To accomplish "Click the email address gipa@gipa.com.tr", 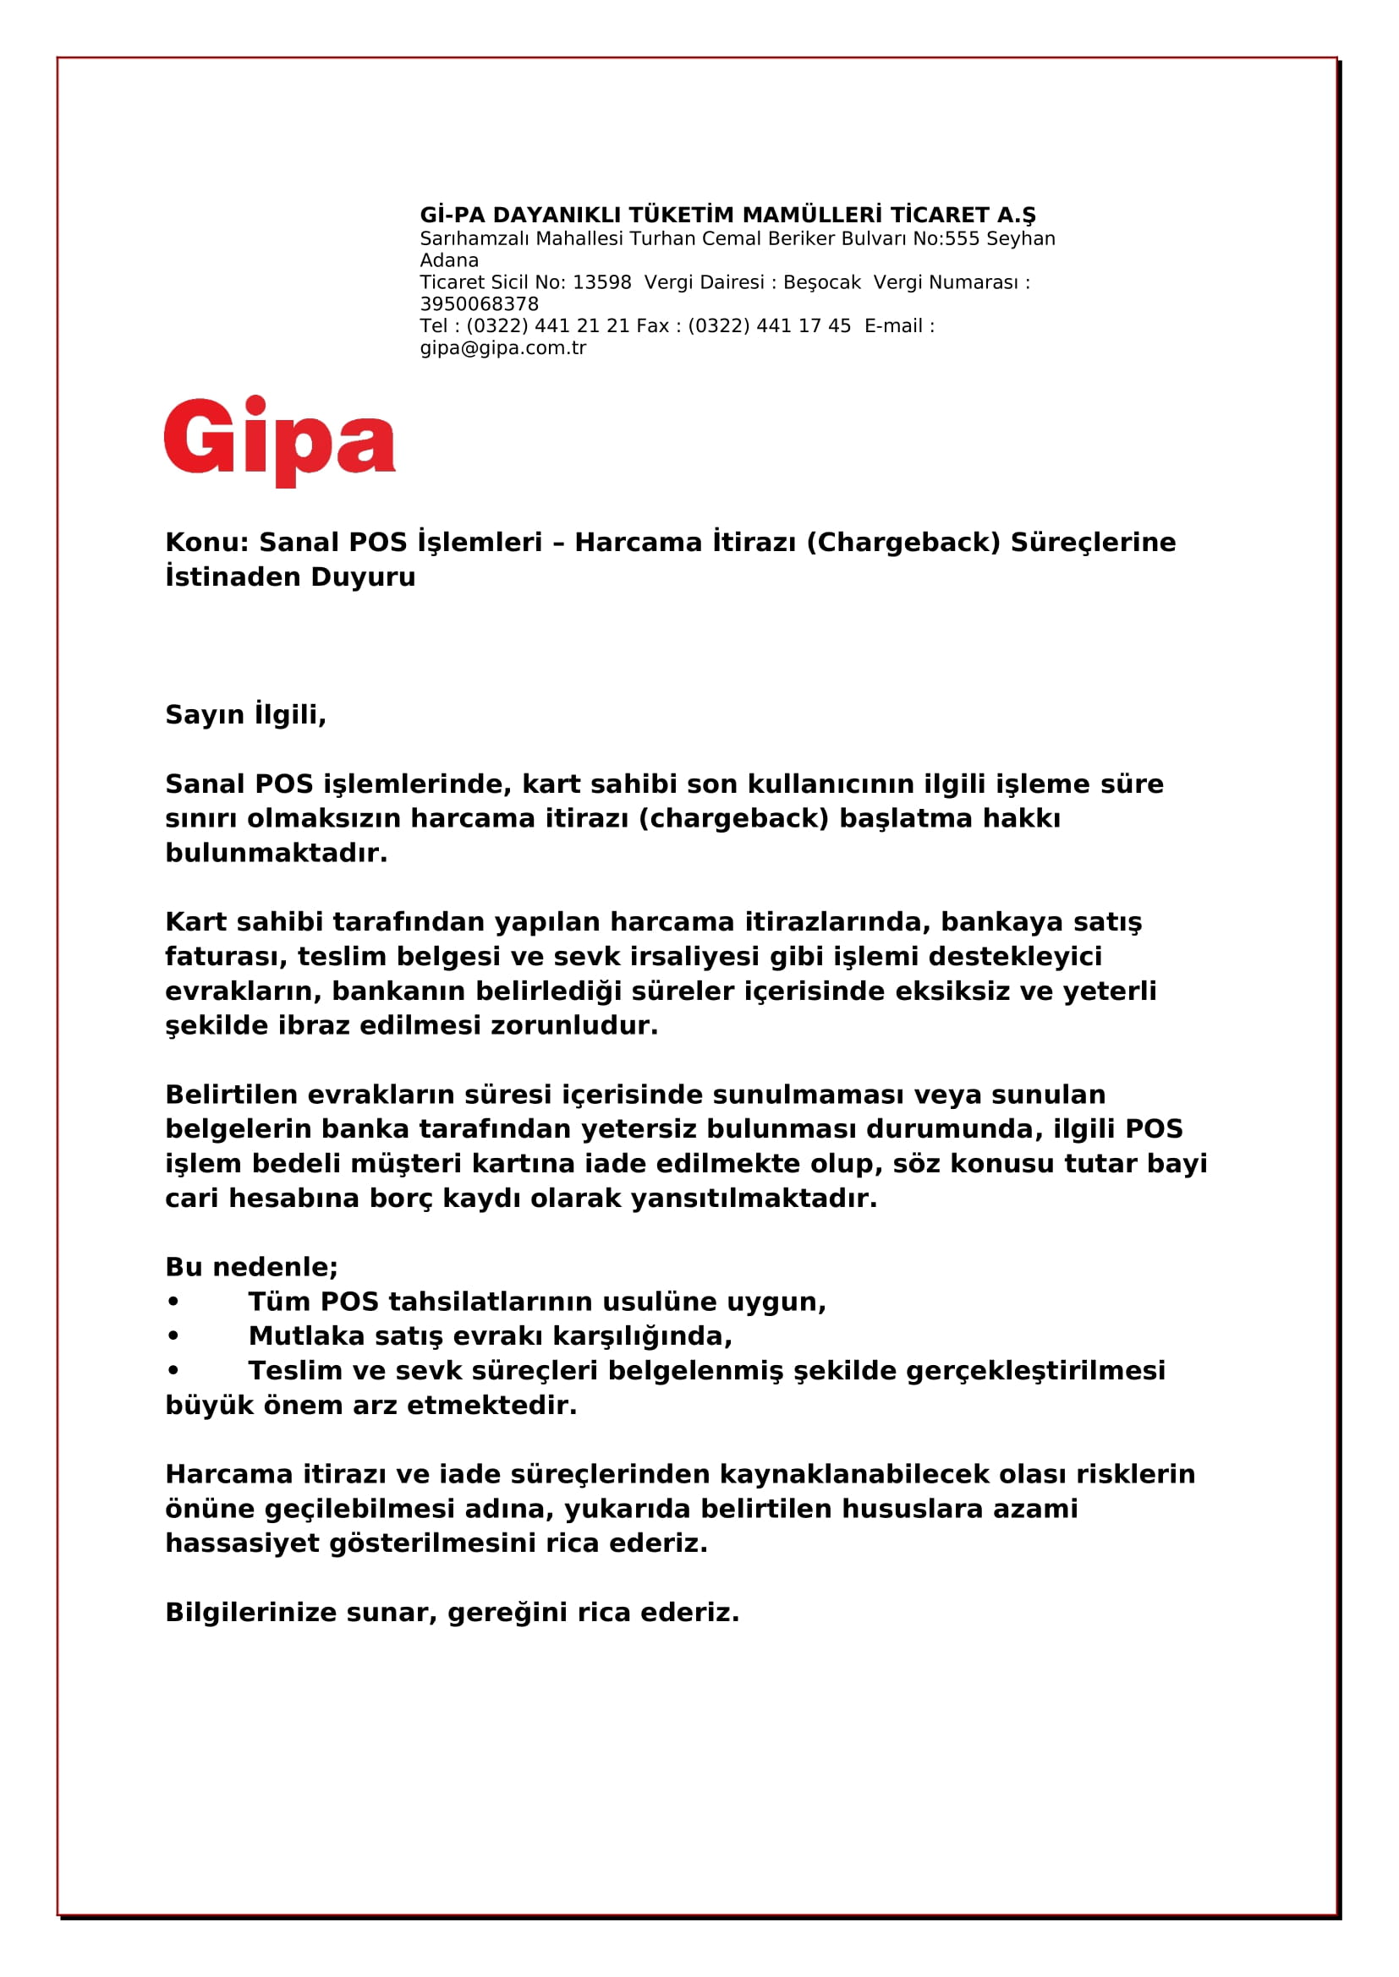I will pyautogui.click(x=503, y=348).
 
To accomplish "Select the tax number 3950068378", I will pyautogui.click(x=479, y=304).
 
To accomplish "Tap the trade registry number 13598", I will pyautogui.click(x=601, y=282).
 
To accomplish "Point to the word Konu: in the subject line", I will pyautogui.click(x=206, y=543).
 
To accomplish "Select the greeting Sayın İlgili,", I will pyautogui.click(x=245, y=715).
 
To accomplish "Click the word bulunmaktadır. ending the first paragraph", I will pyautogui.click(x=277, y=853).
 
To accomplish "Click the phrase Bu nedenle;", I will pyautogui.click(x=251, y=1267).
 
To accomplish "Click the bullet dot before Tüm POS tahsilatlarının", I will pyautogui.click(x=173, y=1302).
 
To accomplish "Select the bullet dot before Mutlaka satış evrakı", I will pyautogui.click(x=173, y=1336).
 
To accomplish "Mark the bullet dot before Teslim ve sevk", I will pyautogui.click(x=173, y=1371).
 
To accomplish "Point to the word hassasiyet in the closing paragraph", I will pyautogui.click(x=242, y=1543).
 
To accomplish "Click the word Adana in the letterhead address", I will pyautogui.click(x=449, y=260).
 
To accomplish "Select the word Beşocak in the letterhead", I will pyautogui.click(x=821, y=282).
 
